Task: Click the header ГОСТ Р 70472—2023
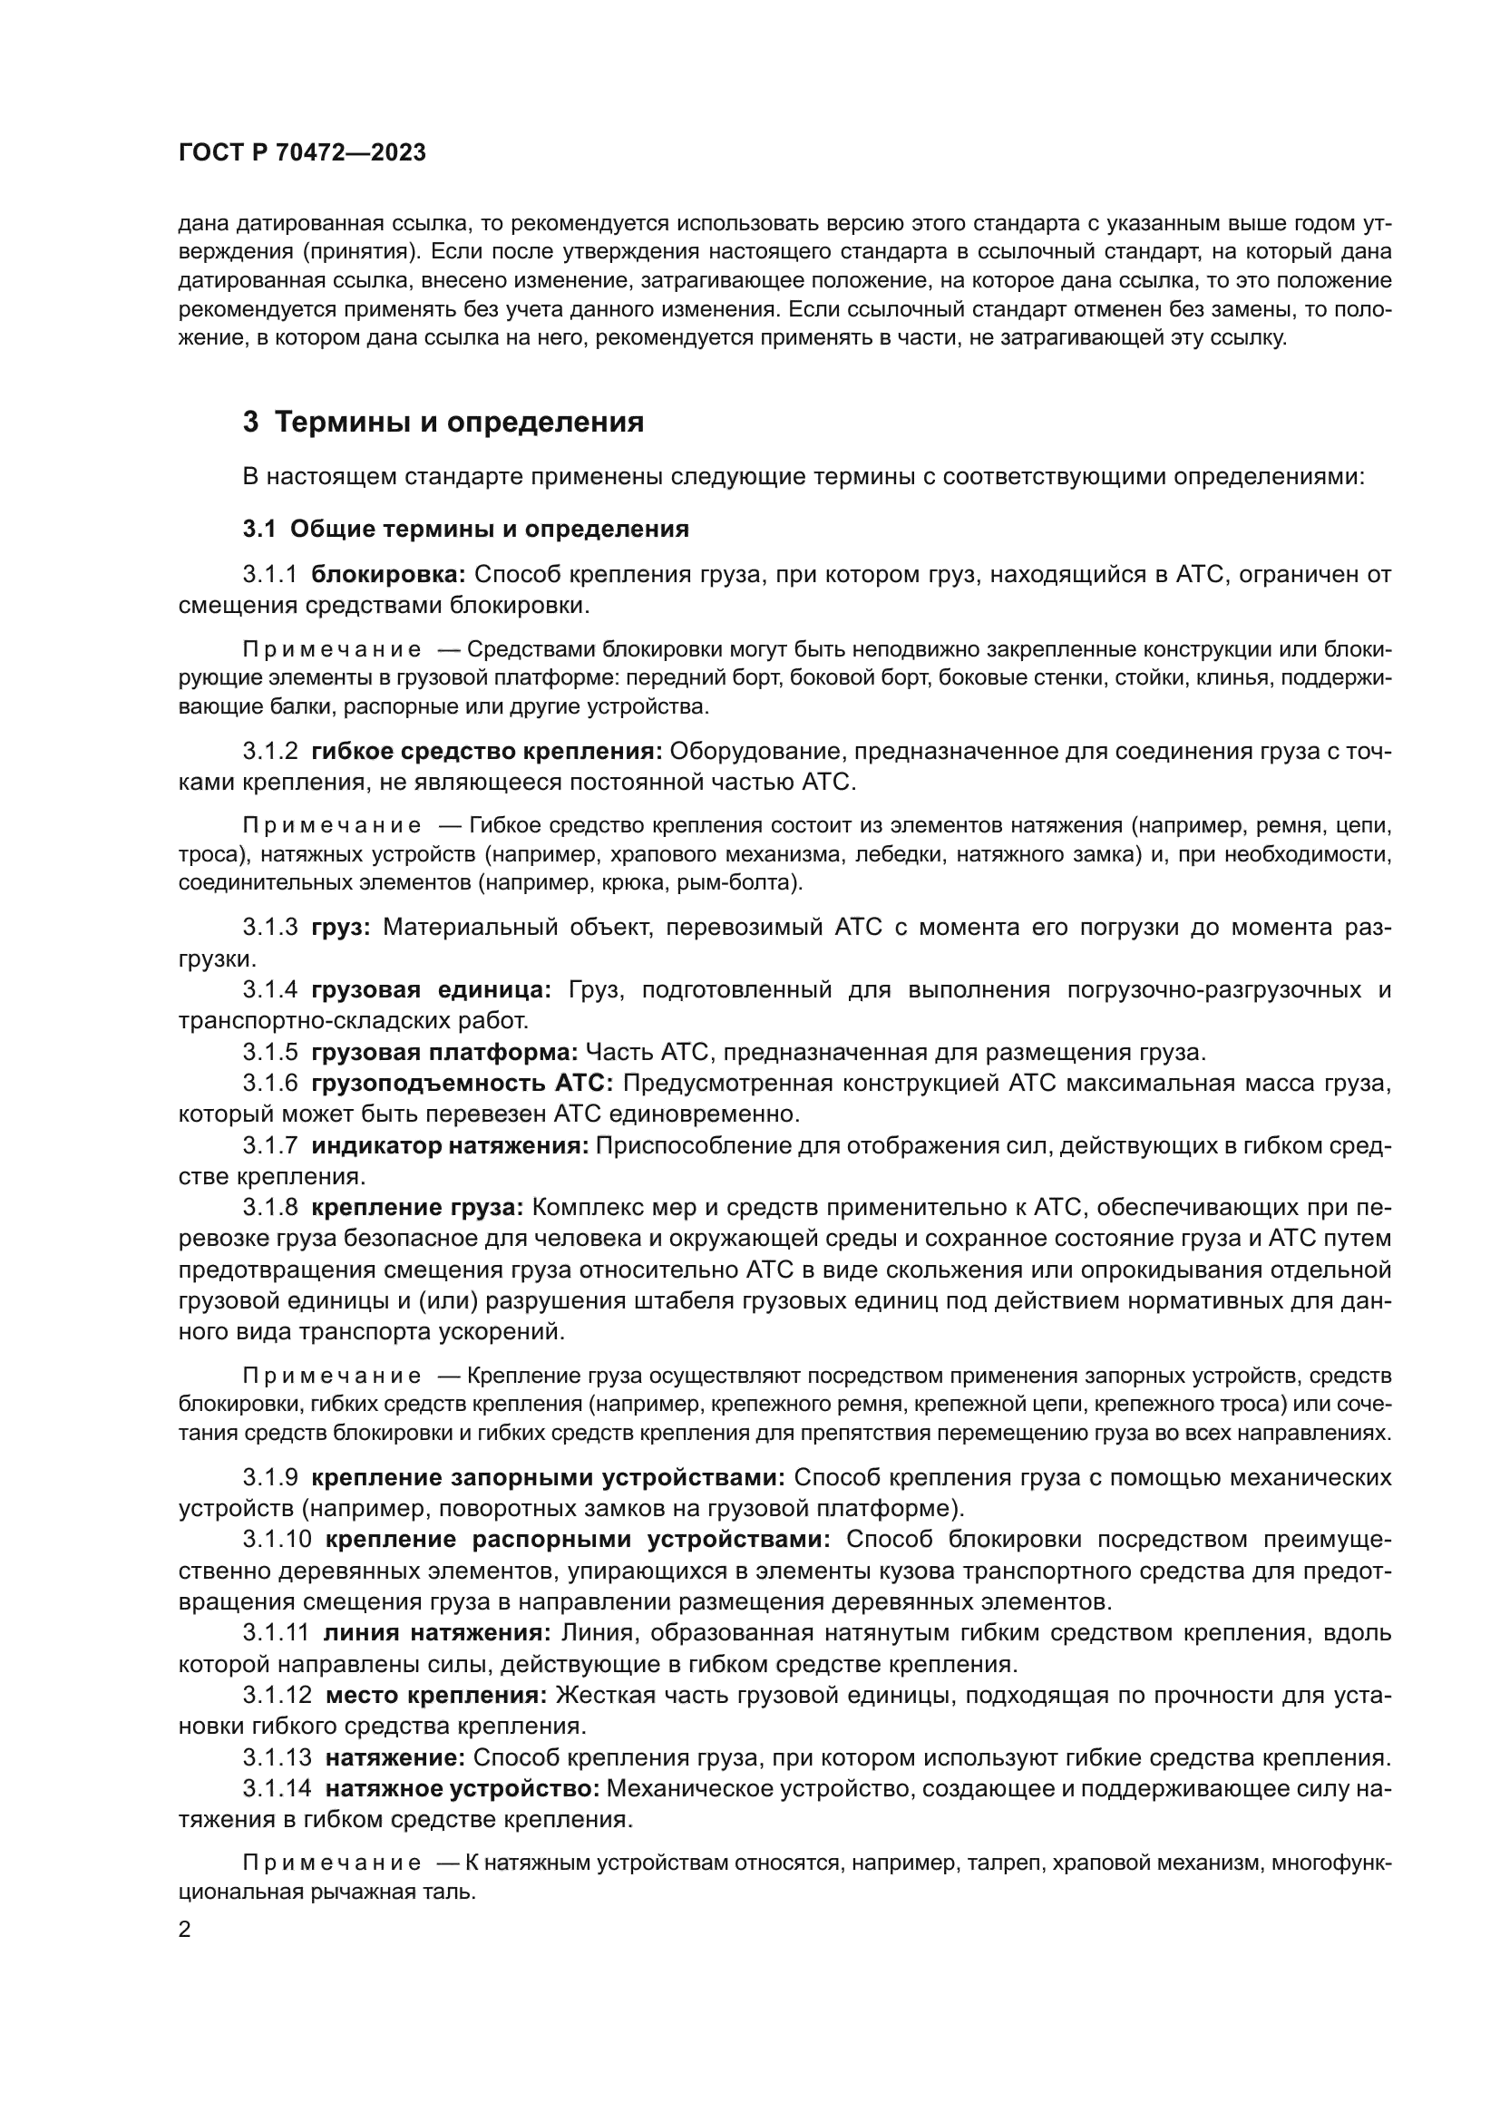pyautogui.click(x=302, y=153)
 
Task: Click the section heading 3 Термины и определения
pyautogui.click(x=443, y=423)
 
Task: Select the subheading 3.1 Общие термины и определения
pyautogui.click(x=465, y=530)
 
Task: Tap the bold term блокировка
pyautogui.click(x=388, y=575)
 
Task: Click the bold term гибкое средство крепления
pyautogui.click(x=487, y=750)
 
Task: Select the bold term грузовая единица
pyautogui.click(x=431, y=989)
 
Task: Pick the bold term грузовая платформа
pyautogui.click(x=444, y=1052)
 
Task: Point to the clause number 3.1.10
pyautogui.click(x=278, y=1539)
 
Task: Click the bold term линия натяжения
pyautogui.click(x=436, y=1632)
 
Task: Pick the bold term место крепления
pyautogui.click(x=436, y=1695)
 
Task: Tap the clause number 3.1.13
pyautogui.click(x=278, y=1757)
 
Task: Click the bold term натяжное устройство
pyautogui.click(x=462, y=1788)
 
